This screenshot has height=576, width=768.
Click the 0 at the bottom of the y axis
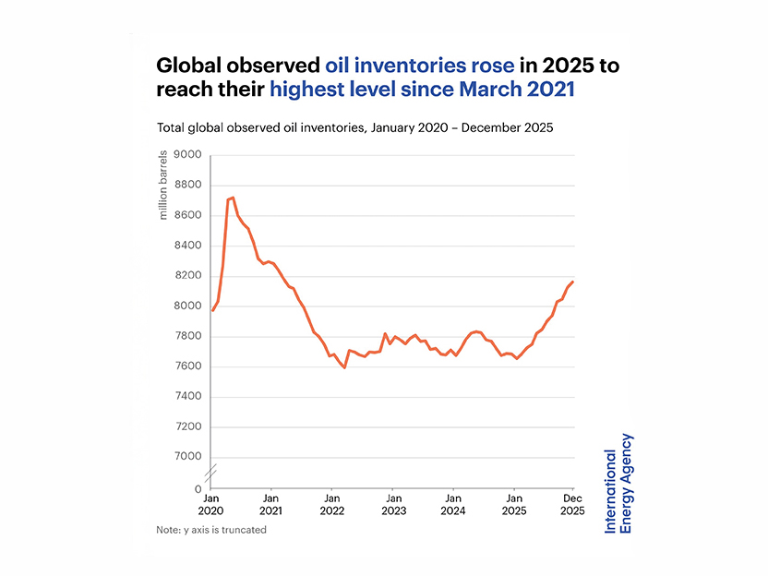[x=198, y=488]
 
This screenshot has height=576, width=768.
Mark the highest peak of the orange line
[x=233, y=198]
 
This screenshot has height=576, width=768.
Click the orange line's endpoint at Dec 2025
[x=573, y=282]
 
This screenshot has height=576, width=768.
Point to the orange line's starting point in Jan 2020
[x=213, y=310]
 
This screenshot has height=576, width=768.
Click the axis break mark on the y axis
[x=211, y=473]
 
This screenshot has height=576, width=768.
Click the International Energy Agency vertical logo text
[x=618, y=483]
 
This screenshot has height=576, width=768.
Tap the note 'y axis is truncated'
[x=211, y=530]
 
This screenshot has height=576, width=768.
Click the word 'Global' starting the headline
[x=188, y=66]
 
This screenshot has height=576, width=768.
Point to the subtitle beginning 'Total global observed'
[x=354, y=127]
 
